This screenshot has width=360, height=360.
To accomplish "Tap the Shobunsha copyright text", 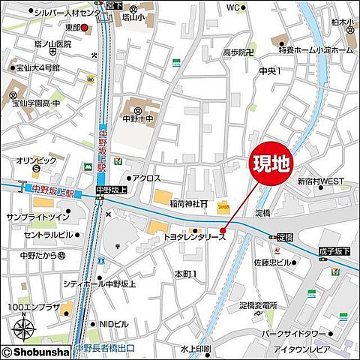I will pos(36,351).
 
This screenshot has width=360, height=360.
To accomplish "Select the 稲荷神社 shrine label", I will pos(187,204).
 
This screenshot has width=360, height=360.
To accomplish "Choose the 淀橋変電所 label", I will pos(258,305).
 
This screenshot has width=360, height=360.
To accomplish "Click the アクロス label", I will pos(145,178).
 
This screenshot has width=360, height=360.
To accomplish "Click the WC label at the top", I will pos(233,7).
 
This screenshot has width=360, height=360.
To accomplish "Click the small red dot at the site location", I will pos(223,230).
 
